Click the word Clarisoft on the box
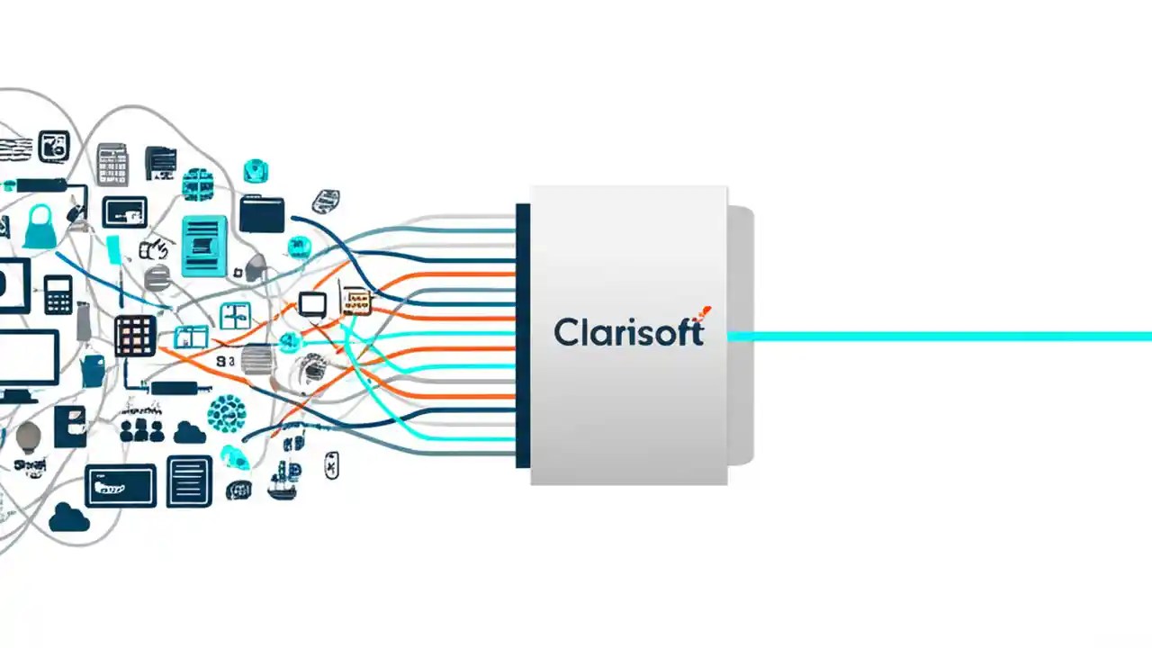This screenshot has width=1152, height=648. click(627, 332)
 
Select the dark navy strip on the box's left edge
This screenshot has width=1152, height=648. click(522, 335)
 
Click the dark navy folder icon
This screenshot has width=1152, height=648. click(262, 214)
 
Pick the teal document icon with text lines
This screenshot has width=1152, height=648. click(204, 245)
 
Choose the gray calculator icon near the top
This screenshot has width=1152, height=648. click(112, 164)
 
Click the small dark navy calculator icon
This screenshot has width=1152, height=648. click(58, 293)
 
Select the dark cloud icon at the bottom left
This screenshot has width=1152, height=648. click(69, 517)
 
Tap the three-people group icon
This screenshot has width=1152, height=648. click(141, 429)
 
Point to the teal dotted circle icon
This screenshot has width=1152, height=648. click(226, 413)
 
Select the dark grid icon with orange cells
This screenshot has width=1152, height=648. click(135, 336)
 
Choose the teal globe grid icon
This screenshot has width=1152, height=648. click(197, 184)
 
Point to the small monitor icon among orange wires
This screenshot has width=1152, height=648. click(312, 304)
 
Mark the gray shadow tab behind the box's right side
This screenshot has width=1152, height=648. click(740, 335)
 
